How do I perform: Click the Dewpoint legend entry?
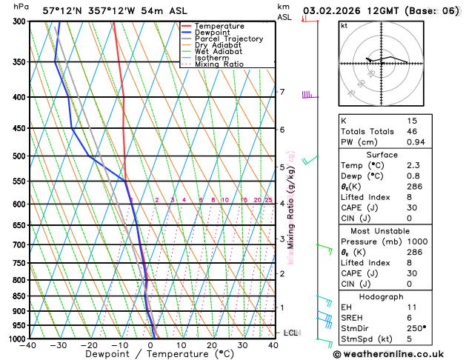(x=212, y=33)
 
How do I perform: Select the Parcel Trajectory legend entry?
(x=228, y=39)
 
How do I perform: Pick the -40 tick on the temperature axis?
(x=29, y=345)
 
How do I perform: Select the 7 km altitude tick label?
(x=282, y=92)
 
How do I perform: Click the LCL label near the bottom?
(x=290, y=333)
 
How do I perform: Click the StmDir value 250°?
(x=418, y=328)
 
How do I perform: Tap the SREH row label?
(x=353, y=317)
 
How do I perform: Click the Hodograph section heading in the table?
(x=382, y=296)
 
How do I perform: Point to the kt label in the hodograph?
(x=344, y=25)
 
